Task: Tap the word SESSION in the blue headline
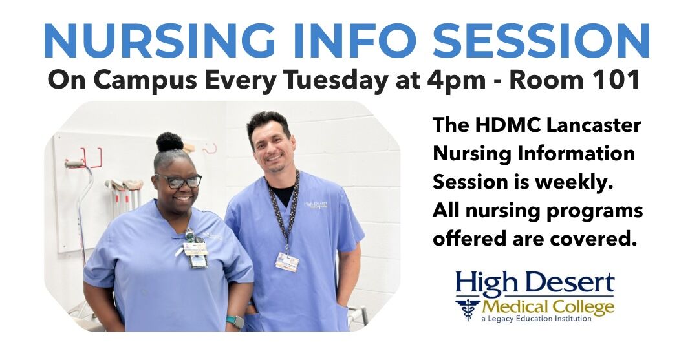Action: (541, 41)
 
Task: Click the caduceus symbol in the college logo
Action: (468, 309)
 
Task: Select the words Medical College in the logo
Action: (548, 307)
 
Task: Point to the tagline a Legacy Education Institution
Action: (537, 319)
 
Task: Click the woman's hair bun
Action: (170, 142)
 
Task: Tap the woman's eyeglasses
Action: (178, 181)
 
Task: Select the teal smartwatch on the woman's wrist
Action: (236, 321)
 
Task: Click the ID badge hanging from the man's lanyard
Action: (287, 262)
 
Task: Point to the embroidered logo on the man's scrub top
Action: (316, 206)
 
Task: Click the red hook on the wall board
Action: (92, 158)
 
